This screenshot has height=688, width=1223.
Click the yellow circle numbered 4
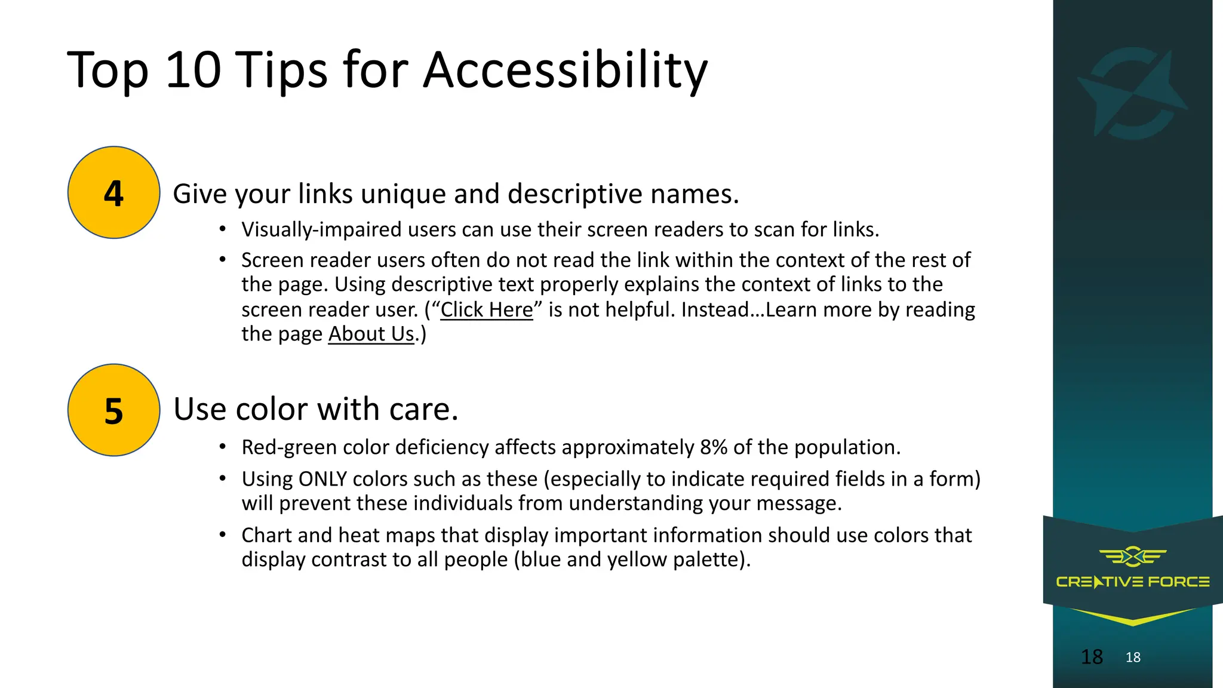pos(113,192)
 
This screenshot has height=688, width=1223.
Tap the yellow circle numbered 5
pos(113,410)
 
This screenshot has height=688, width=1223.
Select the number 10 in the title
pos(193,70)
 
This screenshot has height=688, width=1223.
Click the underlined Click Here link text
pos(487,309)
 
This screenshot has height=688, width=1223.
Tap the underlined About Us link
pos(371,334)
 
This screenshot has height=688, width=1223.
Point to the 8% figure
pos(714,447)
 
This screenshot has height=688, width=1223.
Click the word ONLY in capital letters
pos(322,479)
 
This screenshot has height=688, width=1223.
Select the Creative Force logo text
pos(1132,582)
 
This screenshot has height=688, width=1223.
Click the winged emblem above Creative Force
pos(1132,557)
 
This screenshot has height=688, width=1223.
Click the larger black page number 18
pos(1092,657)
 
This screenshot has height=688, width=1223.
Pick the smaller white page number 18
pos(1133,658)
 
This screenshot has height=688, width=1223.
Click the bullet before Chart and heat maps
pos(222,535)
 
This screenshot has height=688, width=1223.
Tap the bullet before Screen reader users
pos(222,260)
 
